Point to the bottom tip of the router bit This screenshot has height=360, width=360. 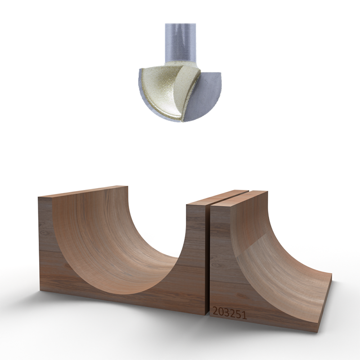[x=182, y=120]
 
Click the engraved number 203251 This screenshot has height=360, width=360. [x=229, y=313]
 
